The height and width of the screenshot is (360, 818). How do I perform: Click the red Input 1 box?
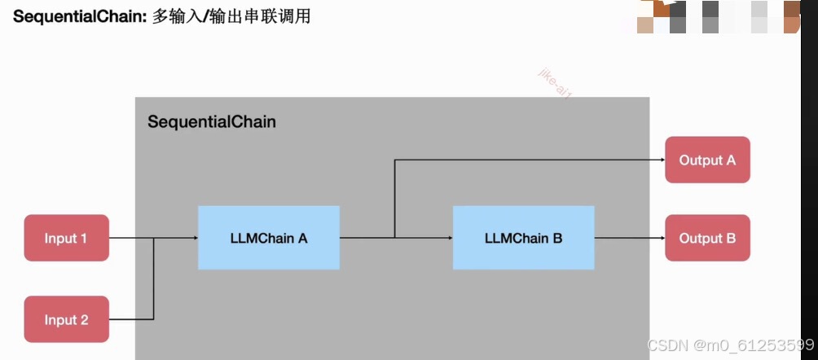click(x=67, y=238)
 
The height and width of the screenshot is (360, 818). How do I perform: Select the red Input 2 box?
click(x=67, y=319)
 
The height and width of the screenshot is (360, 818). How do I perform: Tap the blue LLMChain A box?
click(x=268, y=238)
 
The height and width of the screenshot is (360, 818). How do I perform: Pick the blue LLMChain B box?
click(x=523, y=238)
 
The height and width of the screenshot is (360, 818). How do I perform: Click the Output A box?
click(x=707, y=160)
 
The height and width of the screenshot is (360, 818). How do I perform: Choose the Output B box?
click(x=707, y=238)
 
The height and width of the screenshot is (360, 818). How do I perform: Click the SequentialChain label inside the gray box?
click(x=211, y=122)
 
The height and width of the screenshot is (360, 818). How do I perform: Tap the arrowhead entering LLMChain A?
click(x=194, y=238)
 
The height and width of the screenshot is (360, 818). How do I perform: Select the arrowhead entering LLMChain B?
click(x=449, y=238)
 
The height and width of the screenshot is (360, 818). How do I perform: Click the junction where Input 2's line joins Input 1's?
click(x=154, y=238)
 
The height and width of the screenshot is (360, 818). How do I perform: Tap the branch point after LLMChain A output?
click(x=394, y=238)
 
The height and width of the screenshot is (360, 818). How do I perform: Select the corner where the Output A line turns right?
click(x=394, y=160)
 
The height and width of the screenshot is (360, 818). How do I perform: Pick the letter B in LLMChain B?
click(x=557, y=238)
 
